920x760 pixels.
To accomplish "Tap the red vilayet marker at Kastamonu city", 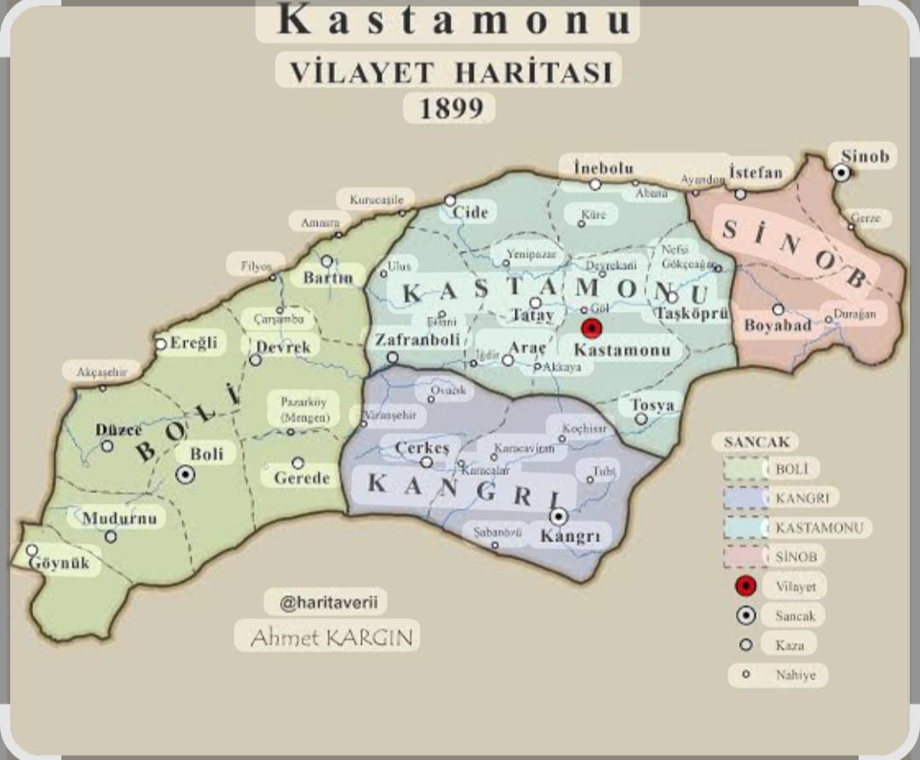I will point(592,328).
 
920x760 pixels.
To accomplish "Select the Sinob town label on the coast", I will point(865,156).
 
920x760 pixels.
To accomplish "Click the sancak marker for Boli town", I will point(185,475).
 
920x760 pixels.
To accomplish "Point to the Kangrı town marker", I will point(559,516).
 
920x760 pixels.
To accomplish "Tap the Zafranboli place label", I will point(417,339).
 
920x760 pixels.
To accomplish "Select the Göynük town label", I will point(59,563).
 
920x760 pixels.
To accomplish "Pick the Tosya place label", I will point(652,406).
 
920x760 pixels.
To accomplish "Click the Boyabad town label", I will point(777,325).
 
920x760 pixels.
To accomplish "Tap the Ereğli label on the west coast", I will point(193,343).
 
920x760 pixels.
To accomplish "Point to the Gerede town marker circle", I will point(297,463).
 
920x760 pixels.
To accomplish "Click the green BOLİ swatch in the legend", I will point(745,469).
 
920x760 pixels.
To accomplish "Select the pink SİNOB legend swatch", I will point(745,556).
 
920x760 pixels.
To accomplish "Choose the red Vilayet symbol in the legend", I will point(746,586).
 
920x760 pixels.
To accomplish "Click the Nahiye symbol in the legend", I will point(746,675).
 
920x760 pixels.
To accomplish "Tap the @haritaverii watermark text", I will point(325,602).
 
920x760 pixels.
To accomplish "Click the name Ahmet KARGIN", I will point(326,636).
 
